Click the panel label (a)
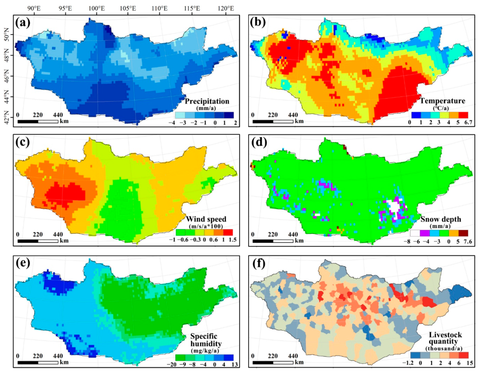(x=23, y=23)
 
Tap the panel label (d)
(x=258, y=142)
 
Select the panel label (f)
(x=258, y=263)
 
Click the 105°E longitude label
(x=128, y=8)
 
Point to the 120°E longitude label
(x=225, y=8)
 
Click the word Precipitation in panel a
(x=207, y=101)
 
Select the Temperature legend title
(x=442, y=101)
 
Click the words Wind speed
(x=206, y=219)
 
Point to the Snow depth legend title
(x=440, y=219)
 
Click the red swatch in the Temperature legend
(x=463, y=115)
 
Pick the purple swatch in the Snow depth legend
(x=425, y=233)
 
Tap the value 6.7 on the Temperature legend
(x=468, y=122)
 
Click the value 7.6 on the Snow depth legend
(x=468, y=241)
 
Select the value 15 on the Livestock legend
(x=470, y=363)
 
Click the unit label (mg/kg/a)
(x=205, y=350)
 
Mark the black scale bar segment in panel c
(x=28, y=241)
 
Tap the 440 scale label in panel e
(x=58, y=356)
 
